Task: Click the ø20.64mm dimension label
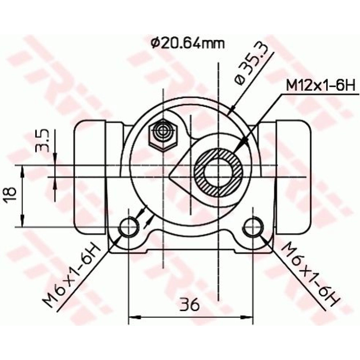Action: click(x=188, y=44)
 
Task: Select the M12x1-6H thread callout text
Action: click(x=320, y=85)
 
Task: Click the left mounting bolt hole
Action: click(x=129, y=227)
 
